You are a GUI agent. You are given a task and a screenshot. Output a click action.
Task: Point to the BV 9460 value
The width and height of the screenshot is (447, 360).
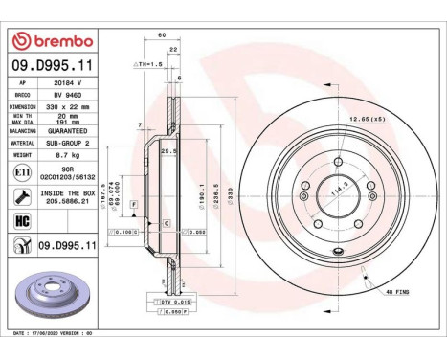pos(65,96)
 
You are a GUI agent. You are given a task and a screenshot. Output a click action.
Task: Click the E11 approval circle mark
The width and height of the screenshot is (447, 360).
pos(22,173)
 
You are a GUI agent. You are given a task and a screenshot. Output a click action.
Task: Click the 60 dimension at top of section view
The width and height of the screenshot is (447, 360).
pos(162,35)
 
